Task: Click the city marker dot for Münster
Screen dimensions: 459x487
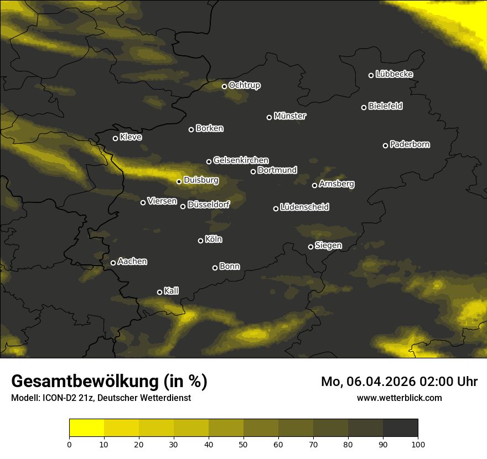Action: [270, 117]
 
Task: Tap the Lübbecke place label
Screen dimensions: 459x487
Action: [394, 74]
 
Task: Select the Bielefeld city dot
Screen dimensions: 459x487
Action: [364, 107]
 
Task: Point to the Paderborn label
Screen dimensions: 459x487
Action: [410, 144]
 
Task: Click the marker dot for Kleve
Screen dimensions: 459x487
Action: [116, 138]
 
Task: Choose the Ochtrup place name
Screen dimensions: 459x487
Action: [244, 85]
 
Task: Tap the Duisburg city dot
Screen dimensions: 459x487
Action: [179, 181]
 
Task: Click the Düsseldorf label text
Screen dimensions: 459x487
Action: [208, 205]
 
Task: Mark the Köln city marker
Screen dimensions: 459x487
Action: [201, 241]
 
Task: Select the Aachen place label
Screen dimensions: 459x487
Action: [132, 261]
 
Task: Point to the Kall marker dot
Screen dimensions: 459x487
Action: [160, 292]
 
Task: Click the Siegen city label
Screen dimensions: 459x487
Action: [328, 245]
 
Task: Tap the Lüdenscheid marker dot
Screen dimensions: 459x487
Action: [276, 208]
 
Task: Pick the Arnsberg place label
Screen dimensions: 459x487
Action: [336, 184]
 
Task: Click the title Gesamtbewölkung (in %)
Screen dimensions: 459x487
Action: [109, 381]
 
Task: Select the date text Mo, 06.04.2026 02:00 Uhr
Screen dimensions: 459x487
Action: [399, 382]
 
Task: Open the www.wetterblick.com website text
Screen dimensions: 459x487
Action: [399, 398]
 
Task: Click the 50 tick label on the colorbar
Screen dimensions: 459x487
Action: [244, 444]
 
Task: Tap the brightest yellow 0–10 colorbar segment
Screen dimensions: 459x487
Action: [87, 428]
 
